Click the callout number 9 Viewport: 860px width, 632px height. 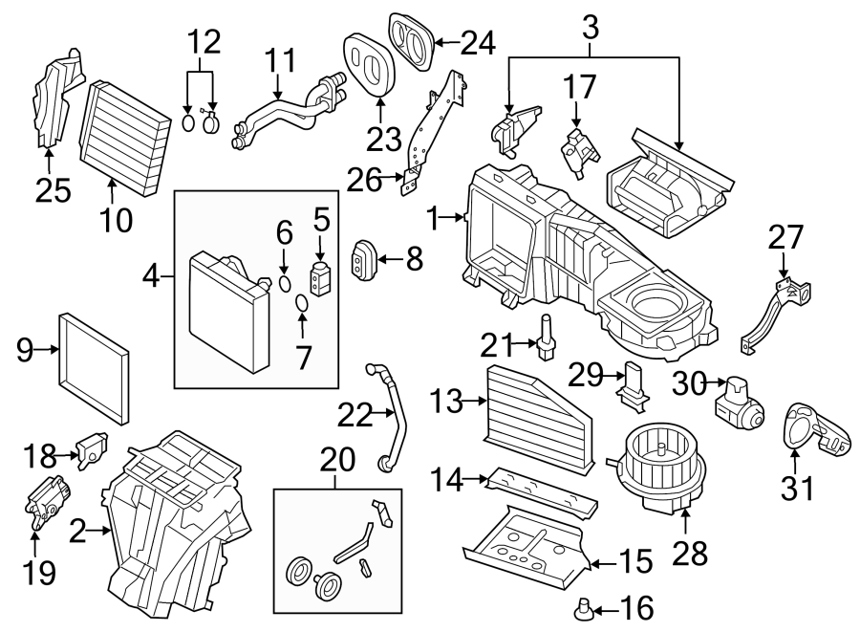point(26,351)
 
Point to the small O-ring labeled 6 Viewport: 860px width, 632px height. point(286,283)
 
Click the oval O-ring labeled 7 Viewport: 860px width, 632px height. point(301,304)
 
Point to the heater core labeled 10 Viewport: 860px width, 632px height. point(122,139)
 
